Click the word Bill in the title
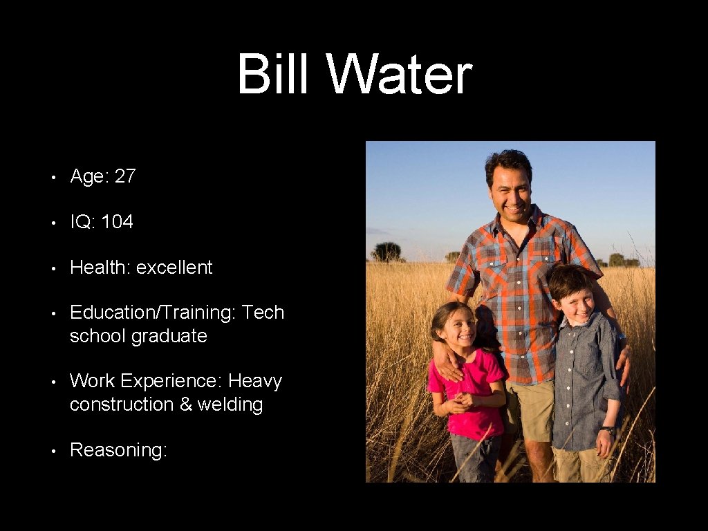point(272,75)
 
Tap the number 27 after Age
point(125,176)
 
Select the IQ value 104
point(117,222)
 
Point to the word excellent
point(174,268)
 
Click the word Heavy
point(255,381)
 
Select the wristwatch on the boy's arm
point(608,431)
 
